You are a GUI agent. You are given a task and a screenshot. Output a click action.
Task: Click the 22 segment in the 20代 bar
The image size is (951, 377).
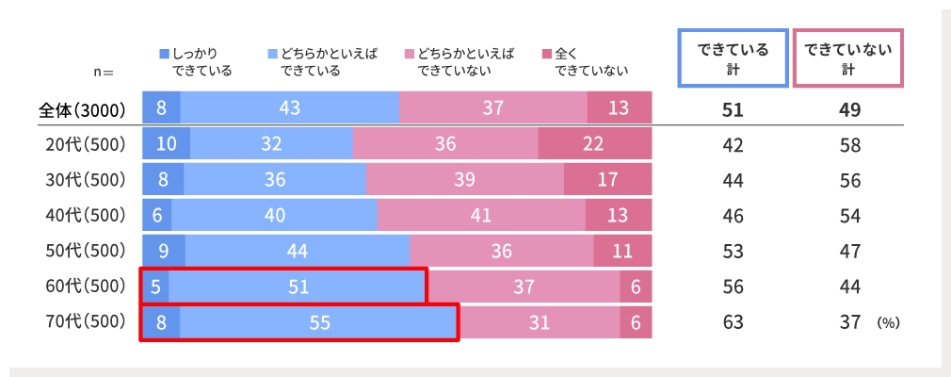click(x=594, y=144)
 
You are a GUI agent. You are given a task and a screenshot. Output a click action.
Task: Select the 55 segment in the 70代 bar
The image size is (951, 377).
click(x=319, y=321)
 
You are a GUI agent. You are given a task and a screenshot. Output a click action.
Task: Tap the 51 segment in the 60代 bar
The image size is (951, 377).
click(x=298, y=287)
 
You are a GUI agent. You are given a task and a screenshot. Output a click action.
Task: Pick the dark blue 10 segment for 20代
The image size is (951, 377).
click(x=166, y=144)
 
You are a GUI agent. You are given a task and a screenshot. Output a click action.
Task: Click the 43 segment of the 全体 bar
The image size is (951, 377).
click(x=289, y=108)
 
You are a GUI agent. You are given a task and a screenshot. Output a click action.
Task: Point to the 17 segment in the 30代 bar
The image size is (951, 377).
click(x=607, y=180)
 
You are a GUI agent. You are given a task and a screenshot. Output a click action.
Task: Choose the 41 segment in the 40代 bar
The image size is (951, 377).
click(x=480, y=216)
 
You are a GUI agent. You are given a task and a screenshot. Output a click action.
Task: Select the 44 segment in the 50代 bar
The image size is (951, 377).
click(x=298, y=251)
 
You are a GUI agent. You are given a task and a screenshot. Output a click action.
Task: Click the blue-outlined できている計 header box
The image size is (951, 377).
click(x=733, y=58)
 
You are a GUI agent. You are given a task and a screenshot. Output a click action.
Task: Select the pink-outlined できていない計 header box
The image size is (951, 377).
click(x=847, y=58)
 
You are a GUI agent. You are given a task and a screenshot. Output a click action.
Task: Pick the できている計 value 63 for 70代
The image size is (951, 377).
click(x=733, y=322)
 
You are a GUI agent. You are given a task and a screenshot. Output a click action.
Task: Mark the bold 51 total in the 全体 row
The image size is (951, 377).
click(x=733, y=109)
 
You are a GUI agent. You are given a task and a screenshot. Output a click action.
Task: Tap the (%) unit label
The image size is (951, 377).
click(x=888, y=323)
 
